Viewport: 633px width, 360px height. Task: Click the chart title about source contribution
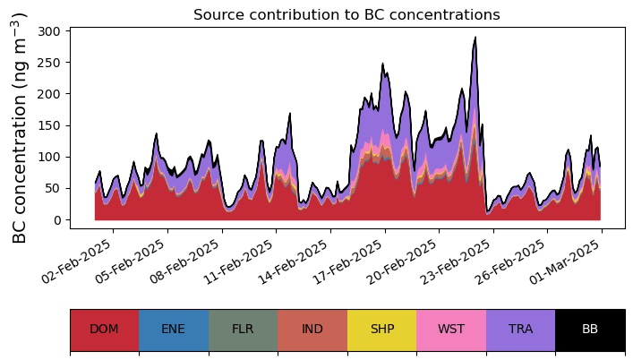click(x=346, y=14)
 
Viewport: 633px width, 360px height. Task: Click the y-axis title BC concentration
click(x=20, y=128)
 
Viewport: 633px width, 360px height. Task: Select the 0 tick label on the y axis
click(x=56, y=220)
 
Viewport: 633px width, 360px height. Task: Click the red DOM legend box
click(x=104, y=330)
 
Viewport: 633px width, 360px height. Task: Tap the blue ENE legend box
click(x=174, y=330)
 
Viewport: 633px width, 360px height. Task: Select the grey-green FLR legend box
click(x=243, y=330)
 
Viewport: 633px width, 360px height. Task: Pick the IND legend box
click(x=312, y=330)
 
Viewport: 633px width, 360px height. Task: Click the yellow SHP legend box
click(x=381, y=330)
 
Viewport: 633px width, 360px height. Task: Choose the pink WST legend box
click(x=451, y=330)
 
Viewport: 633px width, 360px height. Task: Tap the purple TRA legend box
click(x=520, y=330)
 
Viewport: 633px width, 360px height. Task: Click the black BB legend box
click(x=590, y=330)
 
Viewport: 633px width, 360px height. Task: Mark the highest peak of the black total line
click(x=475, y=38)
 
